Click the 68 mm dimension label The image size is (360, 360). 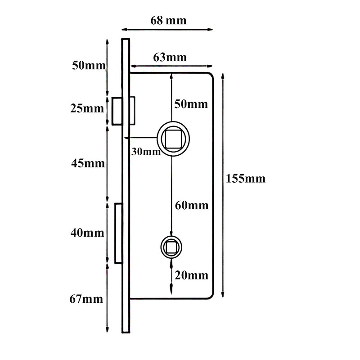click(x=168, y=20)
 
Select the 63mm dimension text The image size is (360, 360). click(x=170, y=58)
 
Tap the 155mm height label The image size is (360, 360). click(x=246, y=179)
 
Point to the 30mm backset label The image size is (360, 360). click(x=146, y=152)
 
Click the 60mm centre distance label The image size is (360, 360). click(x=192, y=205)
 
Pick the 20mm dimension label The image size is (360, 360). click(x=192, y=275)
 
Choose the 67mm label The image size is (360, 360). click(x=86, y=299)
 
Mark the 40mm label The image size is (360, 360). click(x=87, y=233)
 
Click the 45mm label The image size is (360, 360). click(x=88, y=163)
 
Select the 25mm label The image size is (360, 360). click(x=87, y=108)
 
